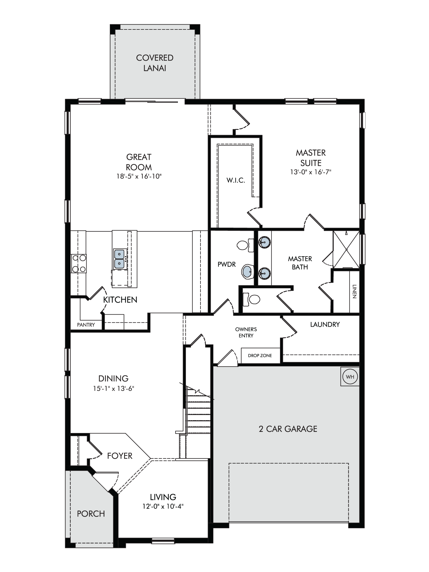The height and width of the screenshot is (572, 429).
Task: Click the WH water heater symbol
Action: [350, 377]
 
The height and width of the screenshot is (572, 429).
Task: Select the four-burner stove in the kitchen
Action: [79, 263]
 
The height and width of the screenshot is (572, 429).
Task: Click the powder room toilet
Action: [245, 245]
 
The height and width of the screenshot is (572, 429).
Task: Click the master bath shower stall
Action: [346, 249]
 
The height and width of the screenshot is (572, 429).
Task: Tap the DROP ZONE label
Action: [260, 355]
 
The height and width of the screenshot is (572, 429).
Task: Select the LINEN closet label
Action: [354, 291]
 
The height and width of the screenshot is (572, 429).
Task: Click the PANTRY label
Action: [86, 325]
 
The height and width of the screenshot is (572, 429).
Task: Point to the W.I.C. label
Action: [236, 180]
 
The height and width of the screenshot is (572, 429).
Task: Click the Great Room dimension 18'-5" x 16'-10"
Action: [139, 176]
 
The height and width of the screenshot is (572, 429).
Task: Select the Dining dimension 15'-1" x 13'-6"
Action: [114, 388]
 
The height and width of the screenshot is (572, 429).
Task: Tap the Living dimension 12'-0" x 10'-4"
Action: [163, 507]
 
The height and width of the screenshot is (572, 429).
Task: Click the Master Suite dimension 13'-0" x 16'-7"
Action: [311, 172]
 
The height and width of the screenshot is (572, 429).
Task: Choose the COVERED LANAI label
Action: [155, 63]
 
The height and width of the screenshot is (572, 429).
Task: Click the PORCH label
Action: [91, 514]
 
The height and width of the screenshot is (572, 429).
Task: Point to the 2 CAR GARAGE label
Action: [288, 429]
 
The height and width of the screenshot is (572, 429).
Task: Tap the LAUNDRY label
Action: [325, 324]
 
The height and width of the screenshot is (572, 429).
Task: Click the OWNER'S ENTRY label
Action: [246, 333]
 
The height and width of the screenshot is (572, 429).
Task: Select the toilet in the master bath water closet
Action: [251, 299]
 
